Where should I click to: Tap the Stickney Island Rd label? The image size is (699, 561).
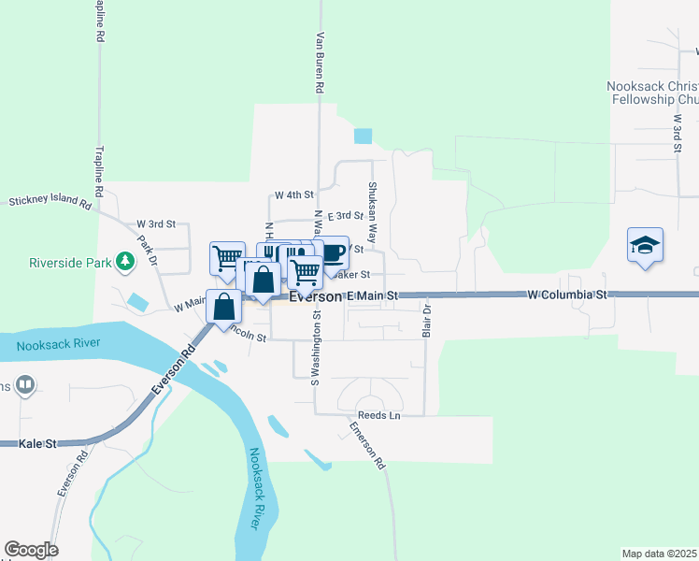coord(51,201)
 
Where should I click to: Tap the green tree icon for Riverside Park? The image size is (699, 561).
coord(124,262)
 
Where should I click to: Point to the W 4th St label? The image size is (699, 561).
coord(292,195)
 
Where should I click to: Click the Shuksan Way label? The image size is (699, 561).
coord(372,201)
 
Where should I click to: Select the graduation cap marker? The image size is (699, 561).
coord(645,245)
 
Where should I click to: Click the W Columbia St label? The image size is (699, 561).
coord(567,294)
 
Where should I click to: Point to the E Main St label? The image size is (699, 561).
coord(372,295)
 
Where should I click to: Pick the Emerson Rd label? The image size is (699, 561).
coord(368,445)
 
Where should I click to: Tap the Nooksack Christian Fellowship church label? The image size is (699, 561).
coord(652,92)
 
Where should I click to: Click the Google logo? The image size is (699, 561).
coord(31,550)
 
